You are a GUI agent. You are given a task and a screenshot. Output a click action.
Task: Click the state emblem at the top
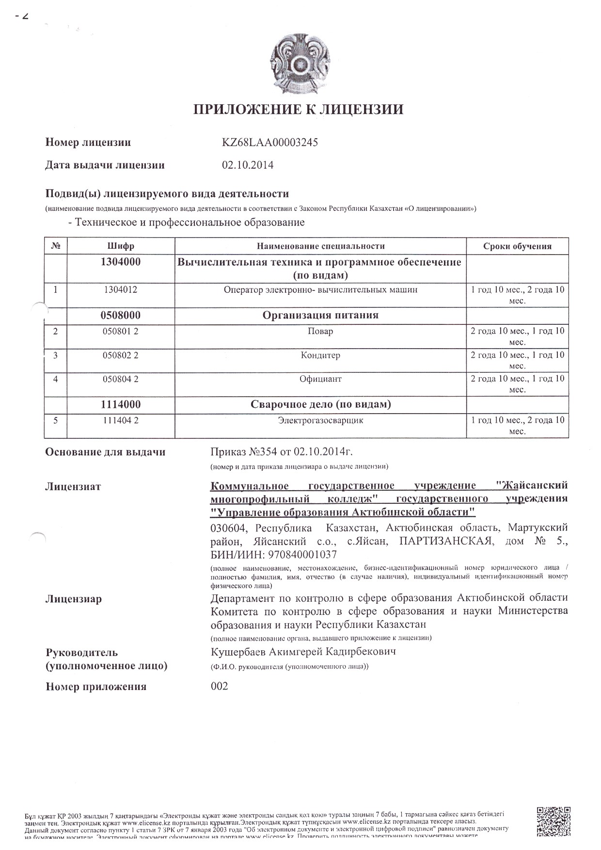click(x=299, y=64)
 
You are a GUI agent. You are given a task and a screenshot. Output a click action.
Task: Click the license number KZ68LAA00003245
click(x=270, y=143)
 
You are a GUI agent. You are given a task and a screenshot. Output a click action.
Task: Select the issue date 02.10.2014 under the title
click(x=247, y=165)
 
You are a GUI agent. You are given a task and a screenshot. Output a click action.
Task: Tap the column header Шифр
click(x=121, y=246)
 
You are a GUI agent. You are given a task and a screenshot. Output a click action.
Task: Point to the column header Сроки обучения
click(x=517, y=246)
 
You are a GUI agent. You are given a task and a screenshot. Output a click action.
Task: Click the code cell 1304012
click(x=121, y=290)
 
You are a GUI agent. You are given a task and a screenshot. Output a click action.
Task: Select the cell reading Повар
click(x=320, y=331)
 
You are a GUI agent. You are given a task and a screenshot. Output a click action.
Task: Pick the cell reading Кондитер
click(x=320, y=355)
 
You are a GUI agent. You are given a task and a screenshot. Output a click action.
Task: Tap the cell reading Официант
click(x=320, y=379)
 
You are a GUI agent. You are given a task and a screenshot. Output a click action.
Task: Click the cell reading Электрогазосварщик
click(x=320, y=420)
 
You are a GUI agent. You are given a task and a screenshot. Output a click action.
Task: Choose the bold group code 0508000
click(x=121, y=316)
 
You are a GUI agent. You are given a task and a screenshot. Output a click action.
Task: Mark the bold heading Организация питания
click(x=320, y=316)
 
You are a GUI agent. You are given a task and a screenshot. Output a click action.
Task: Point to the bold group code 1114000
click(x=121, y=404)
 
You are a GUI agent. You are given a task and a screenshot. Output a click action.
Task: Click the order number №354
click(x=262, y=452)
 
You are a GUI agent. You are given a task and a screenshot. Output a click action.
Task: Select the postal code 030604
click(x=230, y=528)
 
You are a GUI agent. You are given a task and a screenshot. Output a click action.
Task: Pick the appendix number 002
click(x=219, y=686)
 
